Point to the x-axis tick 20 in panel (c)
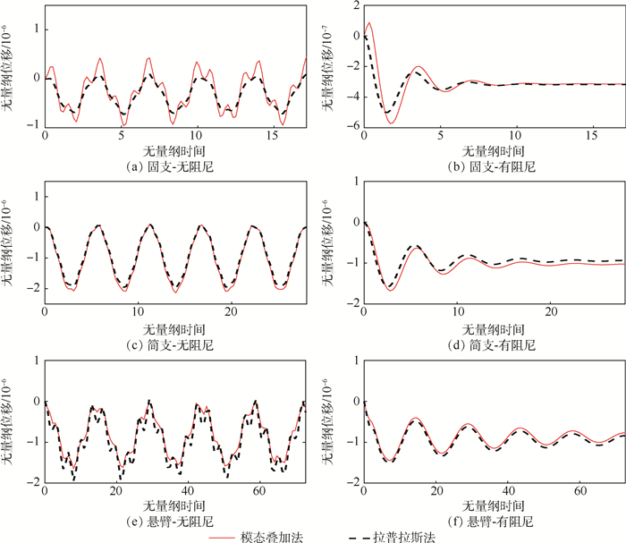point(231,314)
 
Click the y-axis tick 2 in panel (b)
point(355,5)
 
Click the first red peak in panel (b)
point(368,24)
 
